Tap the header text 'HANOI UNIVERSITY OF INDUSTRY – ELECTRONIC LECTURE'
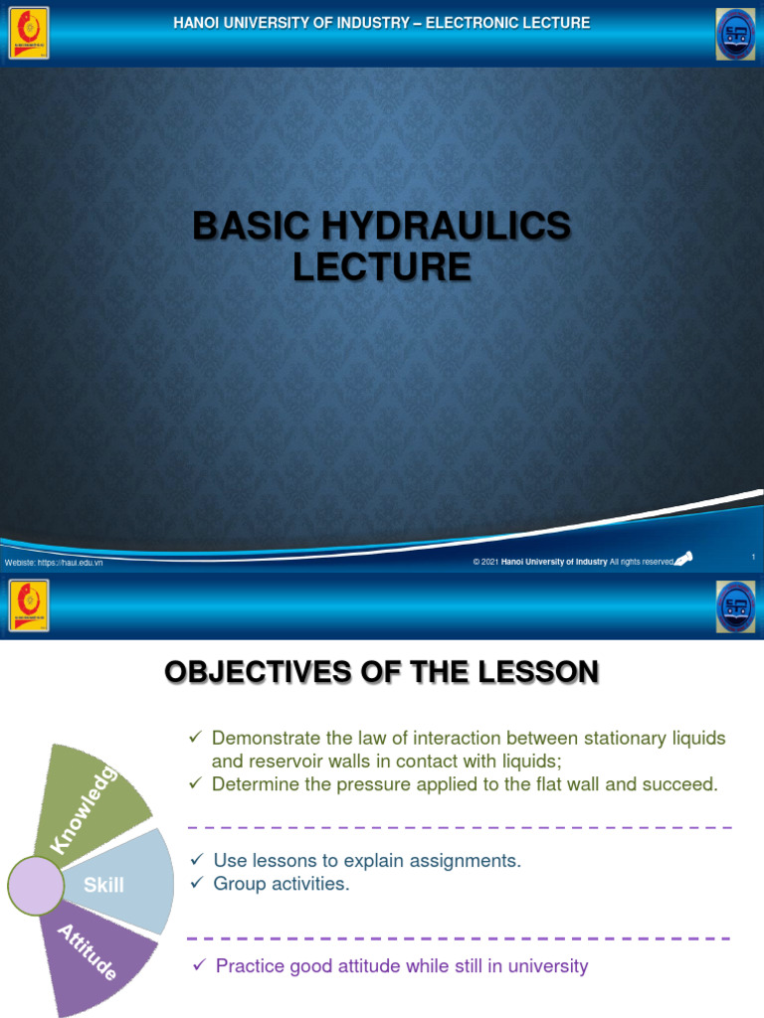382,23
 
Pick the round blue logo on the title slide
735,35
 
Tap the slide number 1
753,557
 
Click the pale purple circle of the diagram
36,886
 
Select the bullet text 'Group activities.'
282,884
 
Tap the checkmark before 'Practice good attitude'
198,965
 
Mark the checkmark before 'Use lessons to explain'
196,860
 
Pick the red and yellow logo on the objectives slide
29,605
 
